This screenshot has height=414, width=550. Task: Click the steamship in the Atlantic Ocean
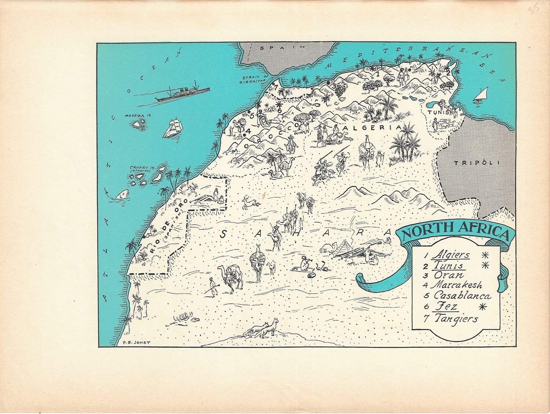[x=182, y=93]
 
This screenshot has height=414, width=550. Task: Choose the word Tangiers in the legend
[x=456, y=318]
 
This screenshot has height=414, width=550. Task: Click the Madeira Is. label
[x=138, y=115]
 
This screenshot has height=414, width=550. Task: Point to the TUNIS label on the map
[x=437, y=112]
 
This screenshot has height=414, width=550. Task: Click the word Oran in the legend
[x=448, y=275]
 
